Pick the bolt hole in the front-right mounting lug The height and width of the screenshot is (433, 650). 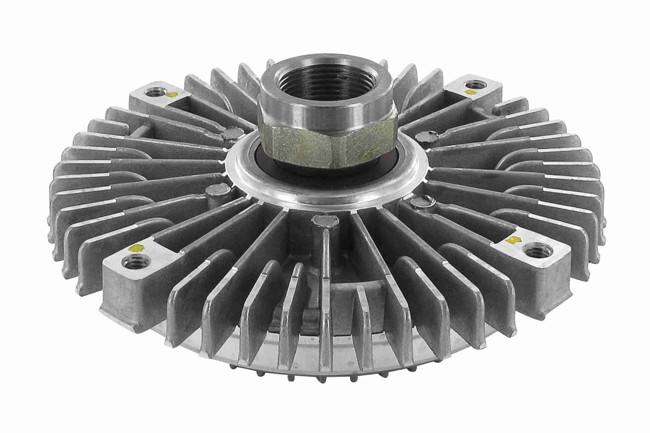click(538, 249)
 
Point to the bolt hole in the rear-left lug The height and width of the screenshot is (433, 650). click(155, 92)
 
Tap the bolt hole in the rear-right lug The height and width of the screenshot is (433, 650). click(475, 84)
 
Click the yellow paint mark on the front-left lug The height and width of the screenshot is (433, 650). click(137, 248)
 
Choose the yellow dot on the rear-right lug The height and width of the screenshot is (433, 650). click(470, 92)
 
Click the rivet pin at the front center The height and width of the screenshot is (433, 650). click(325, 221)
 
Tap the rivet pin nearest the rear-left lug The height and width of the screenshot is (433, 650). click(232, 134)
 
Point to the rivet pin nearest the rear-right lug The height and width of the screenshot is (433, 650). click(427, 136)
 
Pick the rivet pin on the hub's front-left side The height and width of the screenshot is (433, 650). click(218, 189)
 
